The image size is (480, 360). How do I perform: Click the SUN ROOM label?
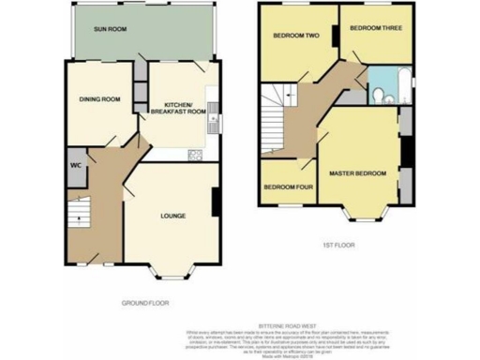point(109,30)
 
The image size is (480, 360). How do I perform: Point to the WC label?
point(76,166)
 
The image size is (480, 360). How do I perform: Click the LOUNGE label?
point(172,217)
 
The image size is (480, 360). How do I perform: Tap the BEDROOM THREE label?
point(375,28)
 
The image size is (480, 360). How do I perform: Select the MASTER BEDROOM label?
point(357,173)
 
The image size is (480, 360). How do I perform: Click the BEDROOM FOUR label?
point(285,187)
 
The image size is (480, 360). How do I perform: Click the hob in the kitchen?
point(195,154)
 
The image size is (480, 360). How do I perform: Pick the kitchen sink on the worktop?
point(215,117)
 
